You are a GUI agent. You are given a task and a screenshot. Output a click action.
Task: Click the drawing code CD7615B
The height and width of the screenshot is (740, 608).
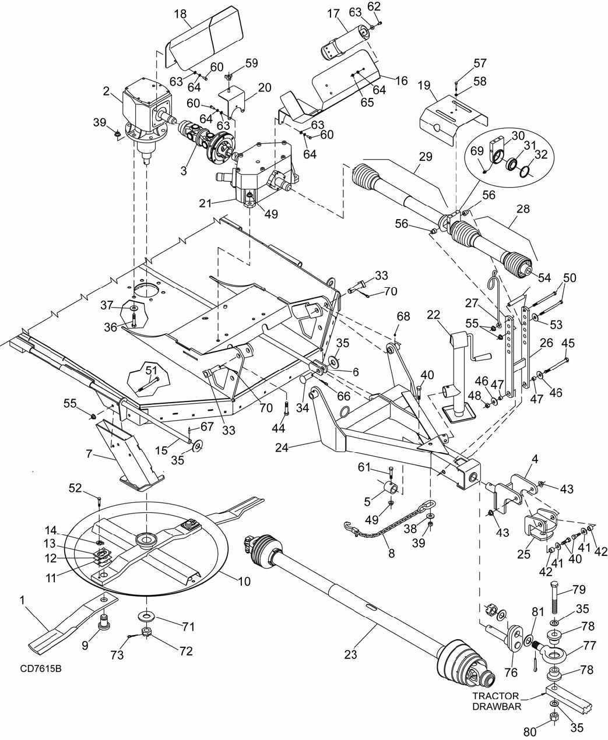point(41,668)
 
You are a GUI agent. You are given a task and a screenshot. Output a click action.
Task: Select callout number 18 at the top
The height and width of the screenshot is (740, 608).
point(181,14)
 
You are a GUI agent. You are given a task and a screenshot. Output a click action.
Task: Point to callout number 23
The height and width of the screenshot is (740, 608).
point(350,654)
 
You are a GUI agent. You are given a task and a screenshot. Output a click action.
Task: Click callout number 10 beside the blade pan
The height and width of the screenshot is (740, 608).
point(244,582)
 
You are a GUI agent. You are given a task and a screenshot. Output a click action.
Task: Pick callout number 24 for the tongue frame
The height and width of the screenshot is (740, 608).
point(282,447)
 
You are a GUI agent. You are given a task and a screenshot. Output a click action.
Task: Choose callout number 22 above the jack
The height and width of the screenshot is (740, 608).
point(434,315)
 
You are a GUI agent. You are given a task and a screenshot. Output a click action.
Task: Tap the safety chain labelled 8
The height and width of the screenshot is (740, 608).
point(389,521)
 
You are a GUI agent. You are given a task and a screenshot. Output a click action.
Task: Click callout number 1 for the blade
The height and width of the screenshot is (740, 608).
point(23,600)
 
